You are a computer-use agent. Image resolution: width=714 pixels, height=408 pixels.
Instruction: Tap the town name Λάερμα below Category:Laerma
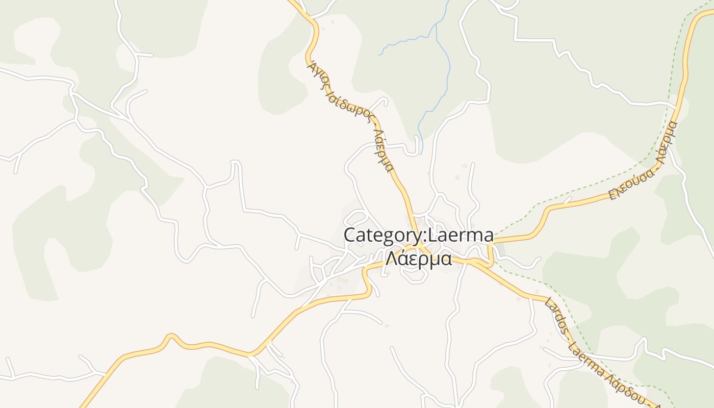(418, 259)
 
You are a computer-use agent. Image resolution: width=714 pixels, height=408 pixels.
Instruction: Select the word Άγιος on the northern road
(317, 76)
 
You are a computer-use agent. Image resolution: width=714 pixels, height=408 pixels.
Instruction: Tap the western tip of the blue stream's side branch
(379, 55)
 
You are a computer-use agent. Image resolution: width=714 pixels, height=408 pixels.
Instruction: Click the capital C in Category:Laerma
(350, 236)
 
